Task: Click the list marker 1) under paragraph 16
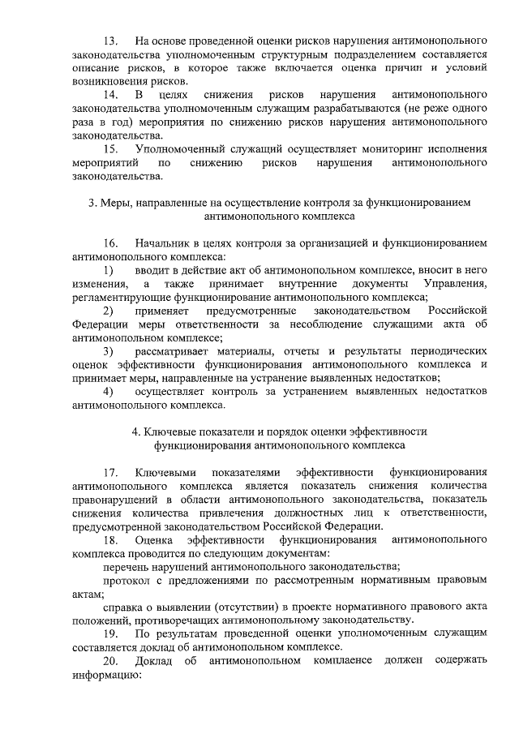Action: click(x=108, y=269)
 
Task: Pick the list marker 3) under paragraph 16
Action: click(x=108, y=351)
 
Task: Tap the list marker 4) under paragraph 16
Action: click(x=108, y=392)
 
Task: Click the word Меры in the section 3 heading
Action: click(x=116, y=202)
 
